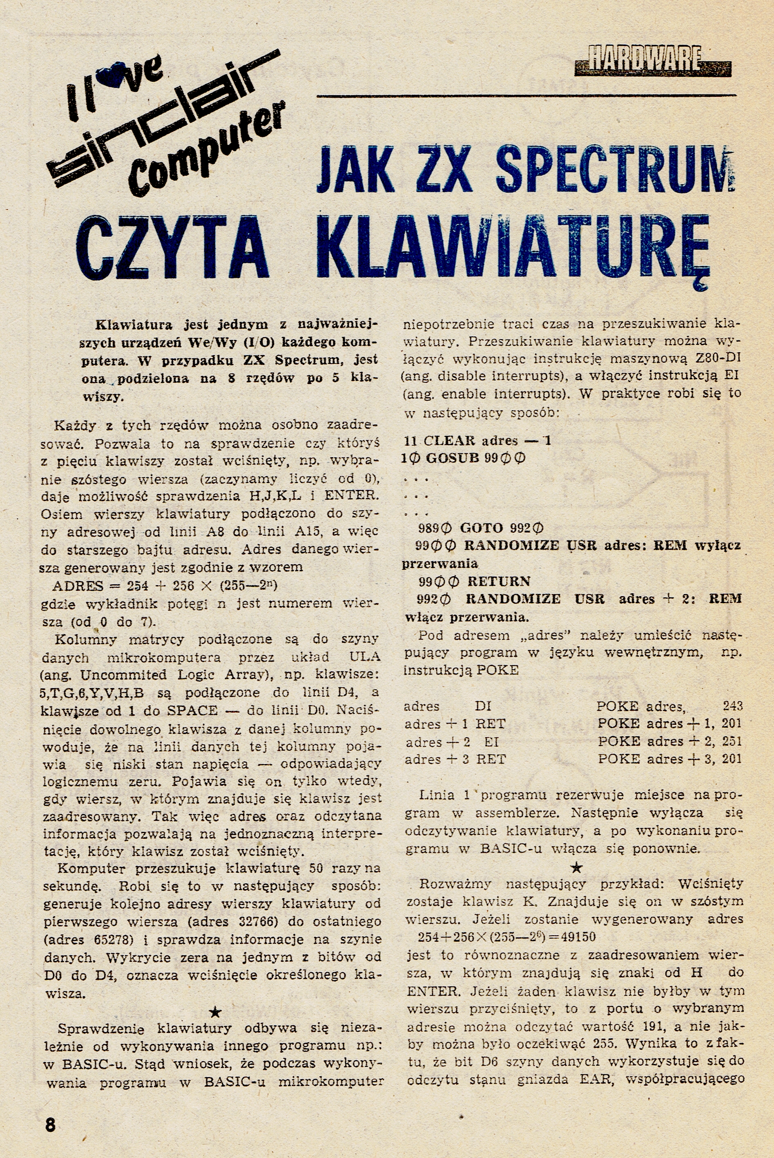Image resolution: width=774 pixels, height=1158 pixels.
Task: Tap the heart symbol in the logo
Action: pyautogui.click(x=109, y=78)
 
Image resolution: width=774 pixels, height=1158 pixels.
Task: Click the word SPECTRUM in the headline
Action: pyautogui.click(x=611, y=168)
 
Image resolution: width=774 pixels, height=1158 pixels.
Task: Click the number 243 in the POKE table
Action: pyautogui.click(x=732, y=706)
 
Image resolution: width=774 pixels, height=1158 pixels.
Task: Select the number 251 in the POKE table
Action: pyautogui.click(x=732, y=742)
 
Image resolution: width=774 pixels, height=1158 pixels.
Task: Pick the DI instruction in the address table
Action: pyautogui.click(x=483, y=706)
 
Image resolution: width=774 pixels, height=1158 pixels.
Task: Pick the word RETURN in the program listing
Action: pyautogui.click(x=499, y=581)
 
